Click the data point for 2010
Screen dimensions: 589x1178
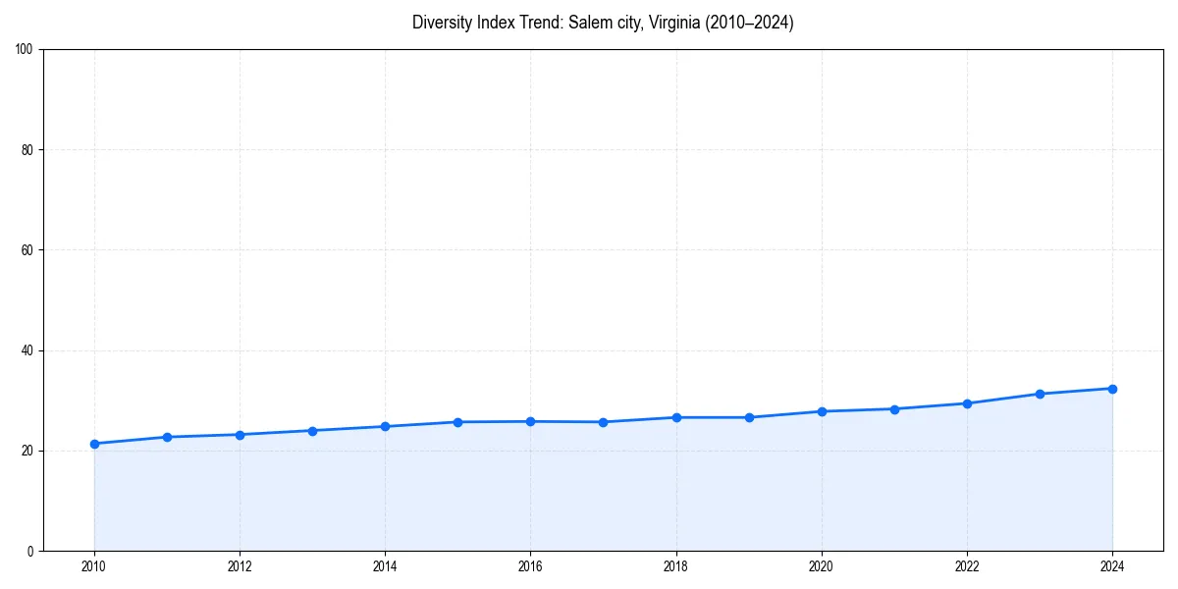click(94, 444)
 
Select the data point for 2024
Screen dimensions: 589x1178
click(1112, 389)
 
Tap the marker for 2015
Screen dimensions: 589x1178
click(457, 422)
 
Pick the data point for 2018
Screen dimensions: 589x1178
click(676, 417)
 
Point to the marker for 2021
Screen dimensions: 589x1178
click(894, 409)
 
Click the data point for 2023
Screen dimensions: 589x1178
click(1040, 394)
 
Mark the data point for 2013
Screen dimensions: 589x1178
click(312, 431)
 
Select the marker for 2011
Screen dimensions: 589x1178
click(167, 437)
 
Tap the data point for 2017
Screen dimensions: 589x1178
click(603, 422)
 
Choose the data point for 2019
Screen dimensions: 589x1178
click(749, 417)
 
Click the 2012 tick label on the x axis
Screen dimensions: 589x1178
click(240, 566)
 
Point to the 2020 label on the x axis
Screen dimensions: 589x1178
click(822, 566)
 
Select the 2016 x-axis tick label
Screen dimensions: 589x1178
click(530, 566)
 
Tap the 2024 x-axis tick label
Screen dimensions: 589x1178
click(1112, 566)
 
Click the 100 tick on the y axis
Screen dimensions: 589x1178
click(27, 50)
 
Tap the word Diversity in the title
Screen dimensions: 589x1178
click(442, 23)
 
